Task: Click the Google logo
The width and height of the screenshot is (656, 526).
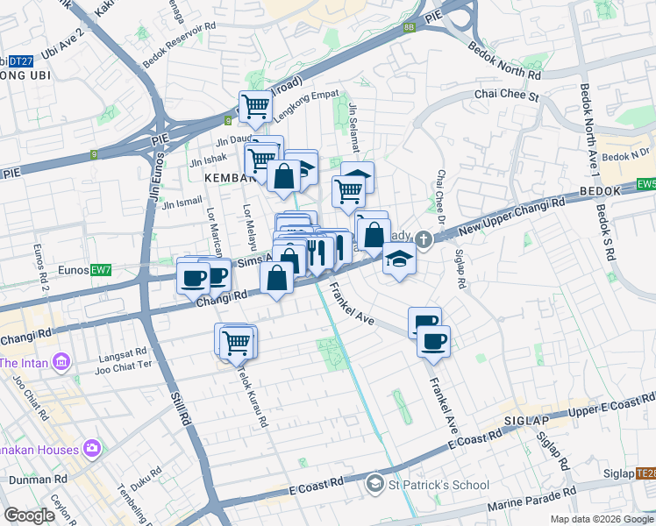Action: click(x=29, y=515)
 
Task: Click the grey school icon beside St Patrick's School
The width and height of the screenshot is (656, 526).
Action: click(x=374, y=483)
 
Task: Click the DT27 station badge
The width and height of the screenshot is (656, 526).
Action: click(x=21, y=60)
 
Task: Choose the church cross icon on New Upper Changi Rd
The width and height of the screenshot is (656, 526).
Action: click(x=423, y=239)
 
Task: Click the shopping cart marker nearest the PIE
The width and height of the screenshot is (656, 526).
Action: click(x=256, y=106)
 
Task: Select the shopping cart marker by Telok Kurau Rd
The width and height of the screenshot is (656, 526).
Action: click(x=236, y=341)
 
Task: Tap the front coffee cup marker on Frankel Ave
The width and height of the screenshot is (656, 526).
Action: click(x=433, y=339)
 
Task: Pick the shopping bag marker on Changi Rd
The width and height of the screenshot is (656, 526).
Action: click(x=277, y=279)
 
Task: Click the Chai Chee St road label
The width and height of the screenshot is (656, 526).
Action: click(x=505, y=93)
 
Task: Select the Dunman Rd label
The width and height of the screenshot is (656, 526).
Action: click(x=39, y=480)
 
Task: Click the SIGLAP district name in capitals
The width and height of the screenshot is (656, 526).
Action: click(x=526, y=422)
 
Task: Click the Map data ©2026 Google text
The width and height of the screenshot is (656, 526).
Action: click(x=602, y=519)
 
